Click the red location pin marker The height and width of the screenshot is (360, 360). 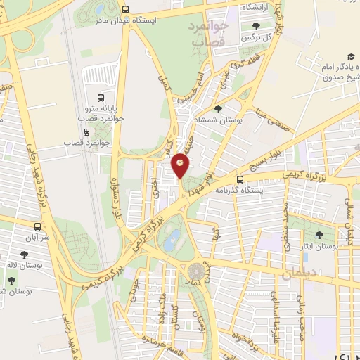(x=181, y=164)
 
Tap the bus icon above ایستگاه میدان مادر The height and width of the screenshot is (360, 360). (x=125, y=10)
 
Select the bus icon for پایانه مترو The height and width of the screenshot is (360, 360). (x=101, y=98)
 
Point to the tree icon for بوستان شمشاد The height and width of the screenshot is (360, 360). (x=219, y=109)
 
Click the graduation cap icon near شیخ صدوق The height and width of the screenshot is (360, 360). (x=349, y=57)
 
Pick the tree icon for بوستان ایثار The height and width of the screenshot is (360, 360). (x=320, y=235)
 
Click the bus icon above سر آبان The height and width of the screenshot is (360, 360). (x=37, y=227)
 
